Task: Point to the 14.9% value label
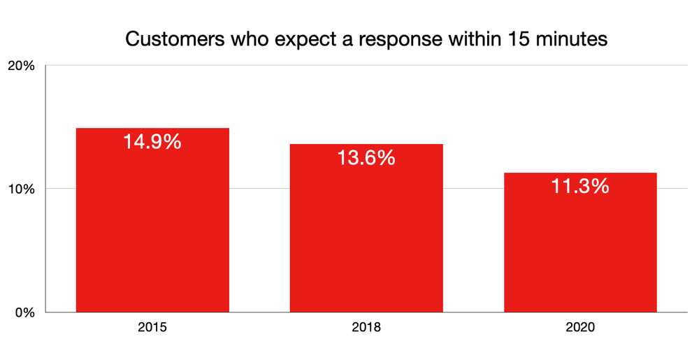coord(152,142)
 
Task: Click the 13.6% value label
coord(366,159)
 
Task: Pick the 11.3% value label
coord(580,187)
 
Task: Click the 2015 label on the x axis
coord(152,326)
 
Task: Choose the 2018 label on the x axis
coord(366,326)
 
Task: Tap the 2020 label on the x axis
coord(580,326)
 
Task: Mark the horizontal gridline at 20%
coord(419,65)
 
